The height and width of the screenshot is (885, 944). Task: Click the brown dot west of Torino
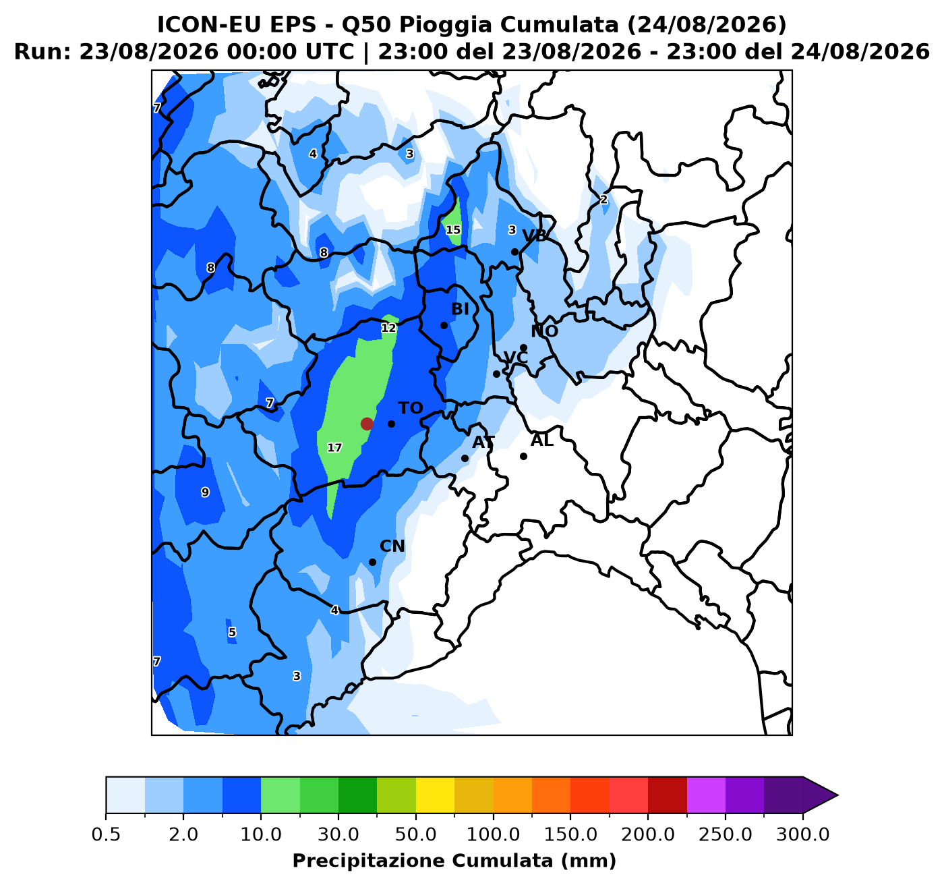(x=367, y=424)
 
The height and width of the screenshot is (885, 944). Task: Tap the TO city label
(x=410, y=408)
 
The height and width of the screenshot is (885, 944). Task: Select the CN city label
(x=392, y=546)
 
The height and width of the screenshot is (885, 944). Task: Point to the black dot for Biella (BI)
(x=444, y=325)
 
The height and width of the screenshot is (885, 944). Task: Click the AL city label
(x=542, y=441)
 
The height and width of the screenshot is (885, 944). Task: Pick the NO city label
(x=544, y=331)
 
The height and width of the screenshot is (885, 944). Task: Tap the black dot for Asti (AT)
(x=465, y=459)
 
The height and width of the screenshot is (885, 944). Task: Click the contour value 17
(x=334, y=447)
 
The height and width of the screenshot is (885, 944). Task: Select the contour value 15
(x=453, y=230)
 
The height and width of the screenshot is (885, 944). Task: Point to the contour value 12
(x=388, y=328)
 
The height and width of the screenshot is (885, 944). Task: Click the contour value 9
(x=205, y=492)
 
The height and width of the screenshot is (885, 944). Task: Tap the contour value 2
(x=603, y=200)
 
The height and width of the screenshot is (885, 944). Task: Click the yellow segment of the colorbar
(x=435, y=795)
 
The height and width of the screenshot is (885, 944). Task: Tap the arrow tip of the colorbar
(x=837, y=795)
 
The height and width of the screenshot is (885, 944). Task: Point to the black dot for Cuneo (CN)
(x=373, y=562)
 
